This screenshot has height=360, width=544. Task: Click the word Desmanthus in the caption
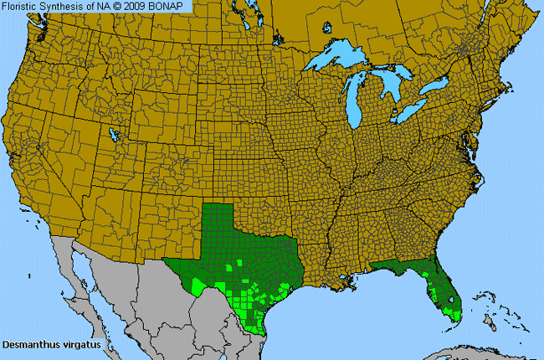coord(29,344)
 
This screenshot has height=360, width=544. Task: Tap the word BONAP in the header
coord(172,6)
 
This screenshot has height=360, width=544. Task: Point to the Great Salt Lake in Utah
coord(112,133)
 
